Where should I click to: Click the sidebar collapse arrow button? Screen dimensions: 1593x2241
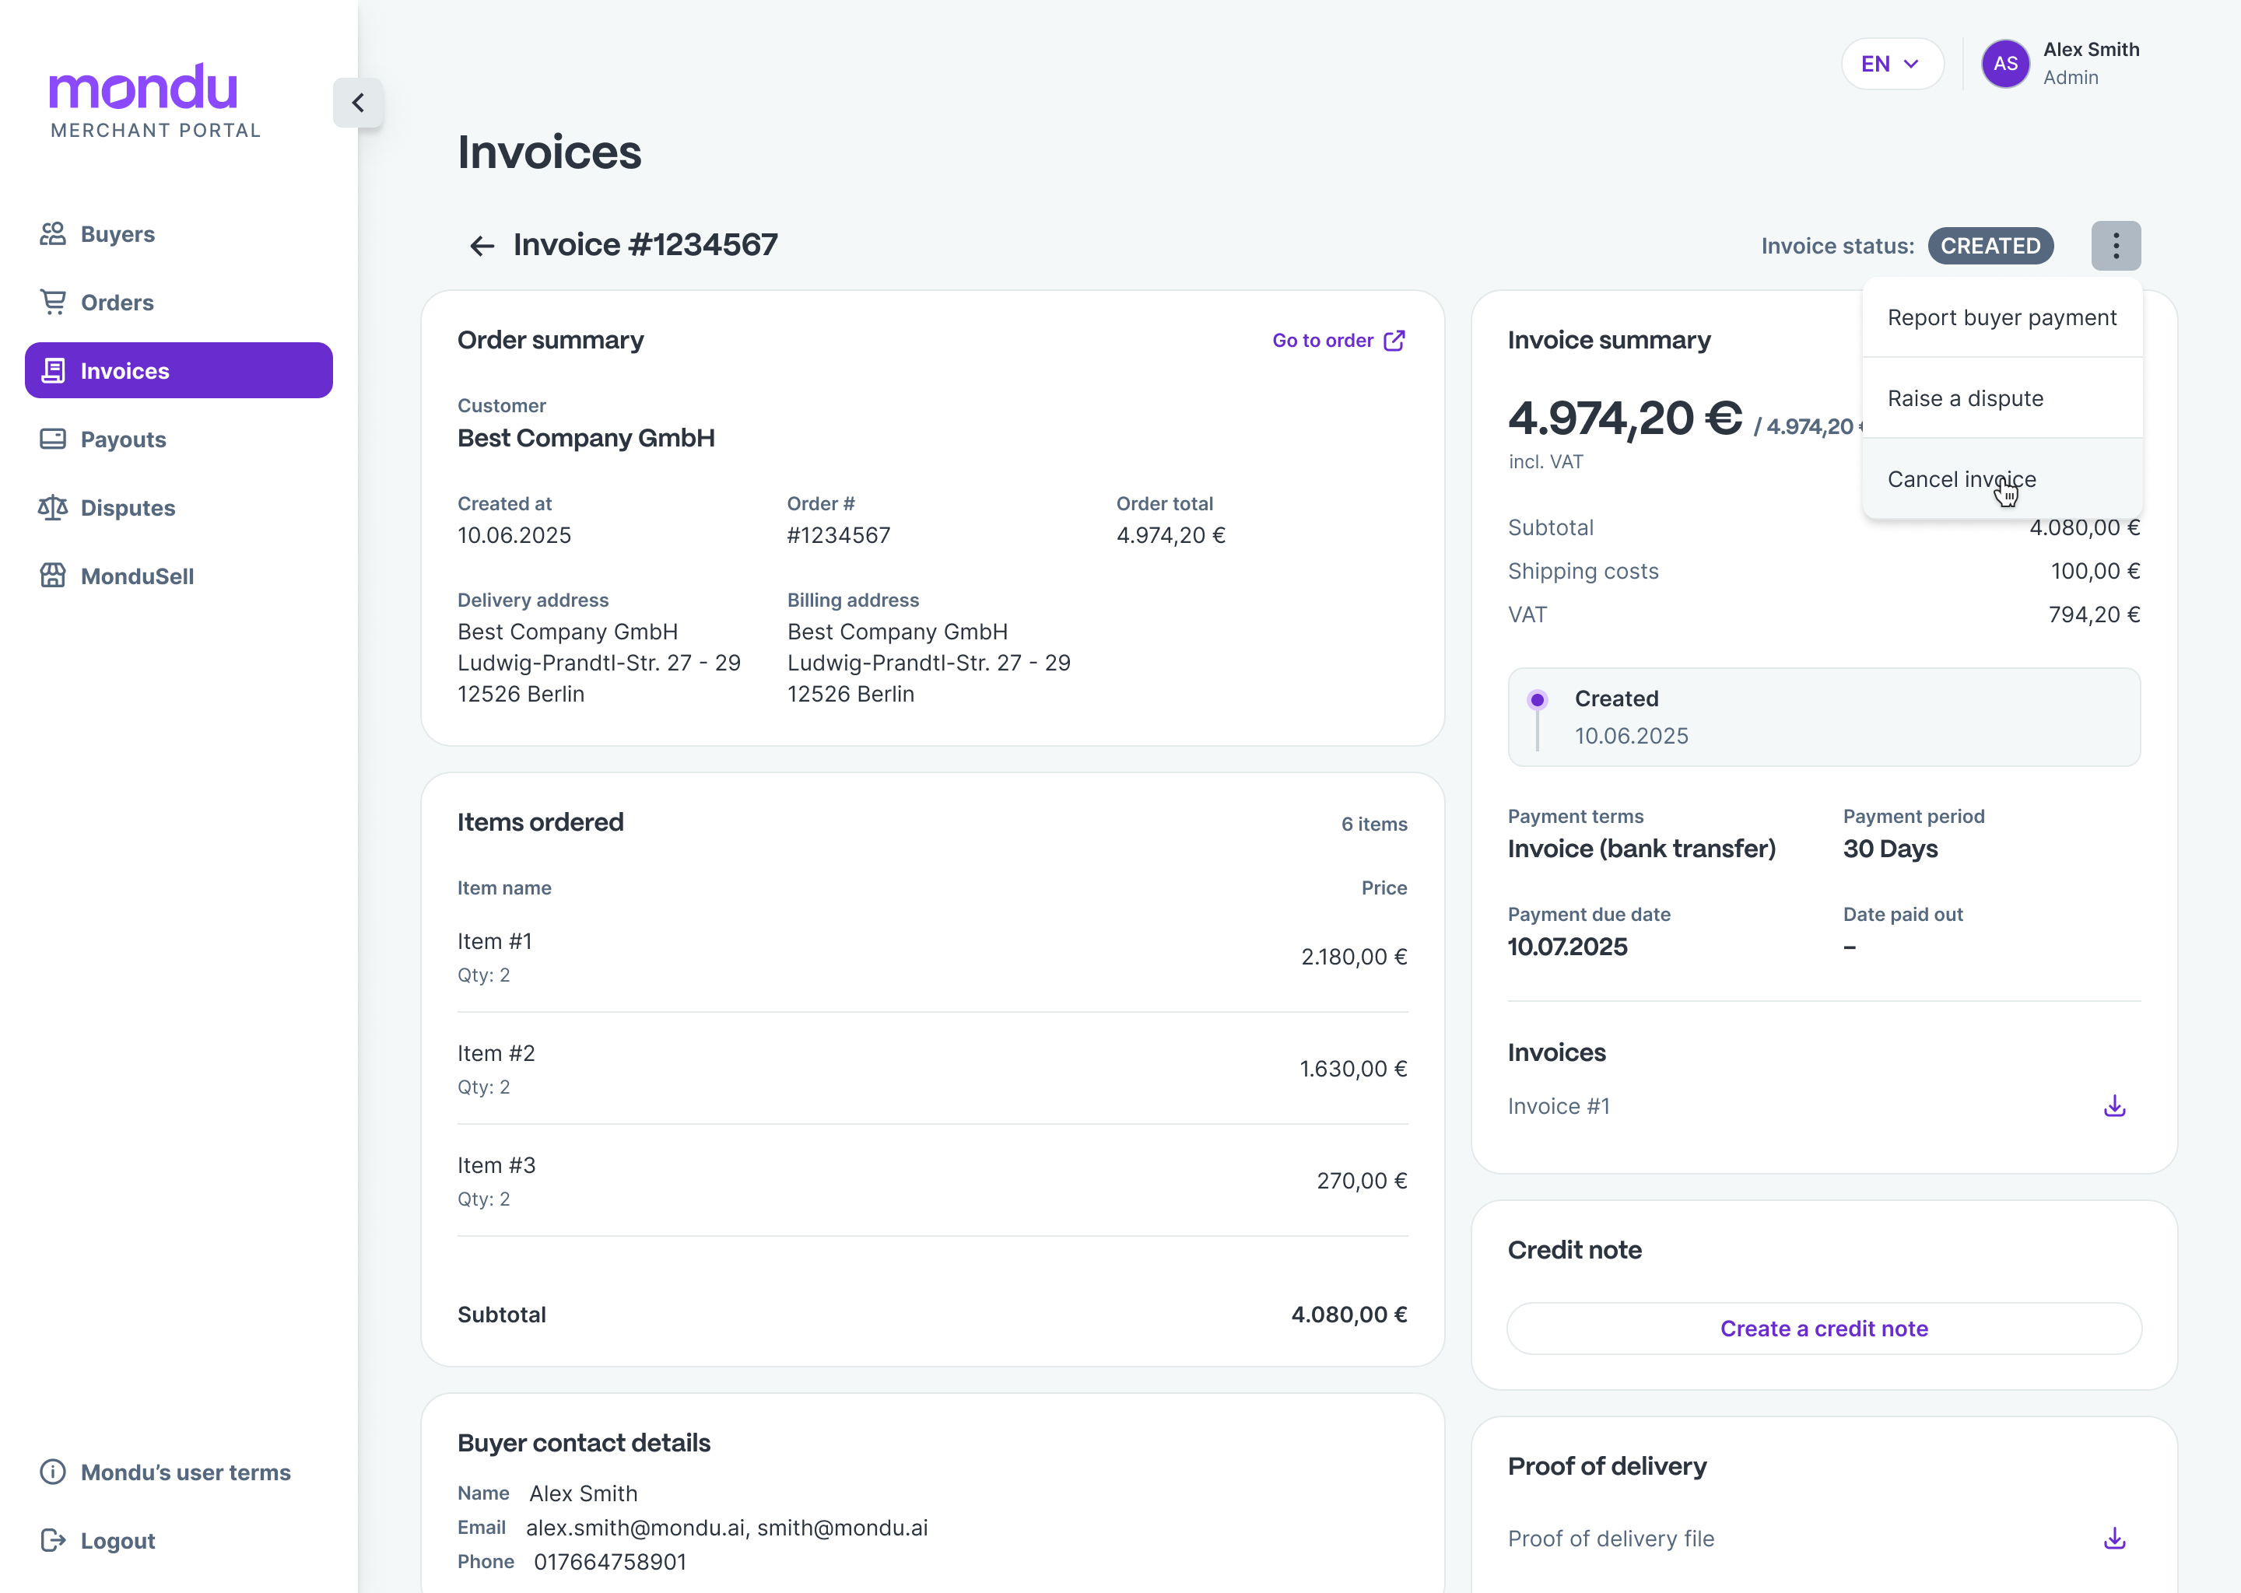coord(358,103)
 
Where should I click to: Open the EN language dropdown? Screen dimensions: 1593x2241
coord(1891,65)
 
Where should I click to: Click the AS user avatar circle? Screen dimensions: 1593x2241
coord(2004,65)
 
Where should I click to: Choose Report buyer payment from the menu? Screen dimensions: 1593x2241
coord(2001,318)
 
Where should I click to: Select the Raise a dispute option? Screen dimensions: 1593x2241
coord(1966,399)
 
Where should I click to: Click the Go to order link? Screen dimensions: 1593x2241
coord(1338,341)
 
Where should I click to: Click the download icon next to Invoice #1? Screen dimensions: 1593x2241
coord(2114,1107)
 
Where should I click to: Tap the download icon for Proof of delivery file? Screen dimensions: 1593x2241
coord(2114,1538)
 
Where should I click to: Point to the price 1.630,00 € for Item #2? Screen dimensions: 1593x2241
coord(1353,1070)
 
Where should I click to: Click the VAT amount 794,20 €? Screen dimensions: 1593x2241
coord(2094,615)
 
